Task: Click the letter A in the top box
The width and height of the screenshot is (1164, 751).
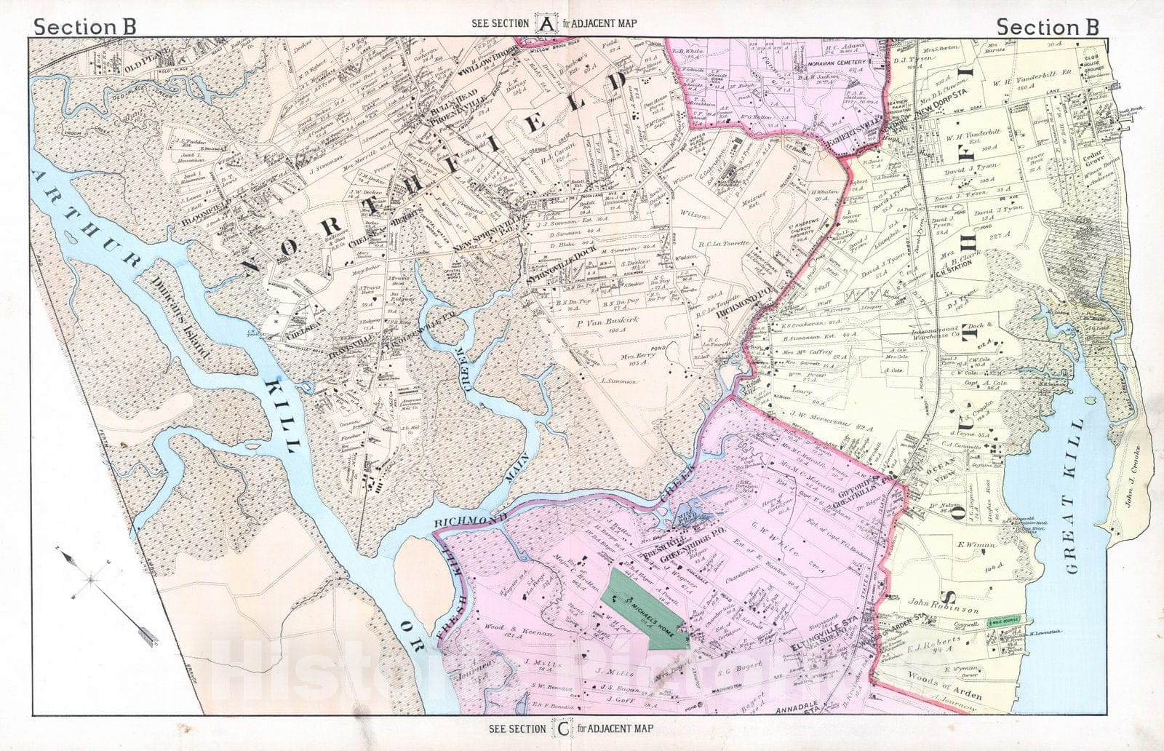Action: click(546, 23)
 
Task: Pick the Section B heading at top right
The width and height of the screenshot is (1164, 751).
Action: click(1047, 27)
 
